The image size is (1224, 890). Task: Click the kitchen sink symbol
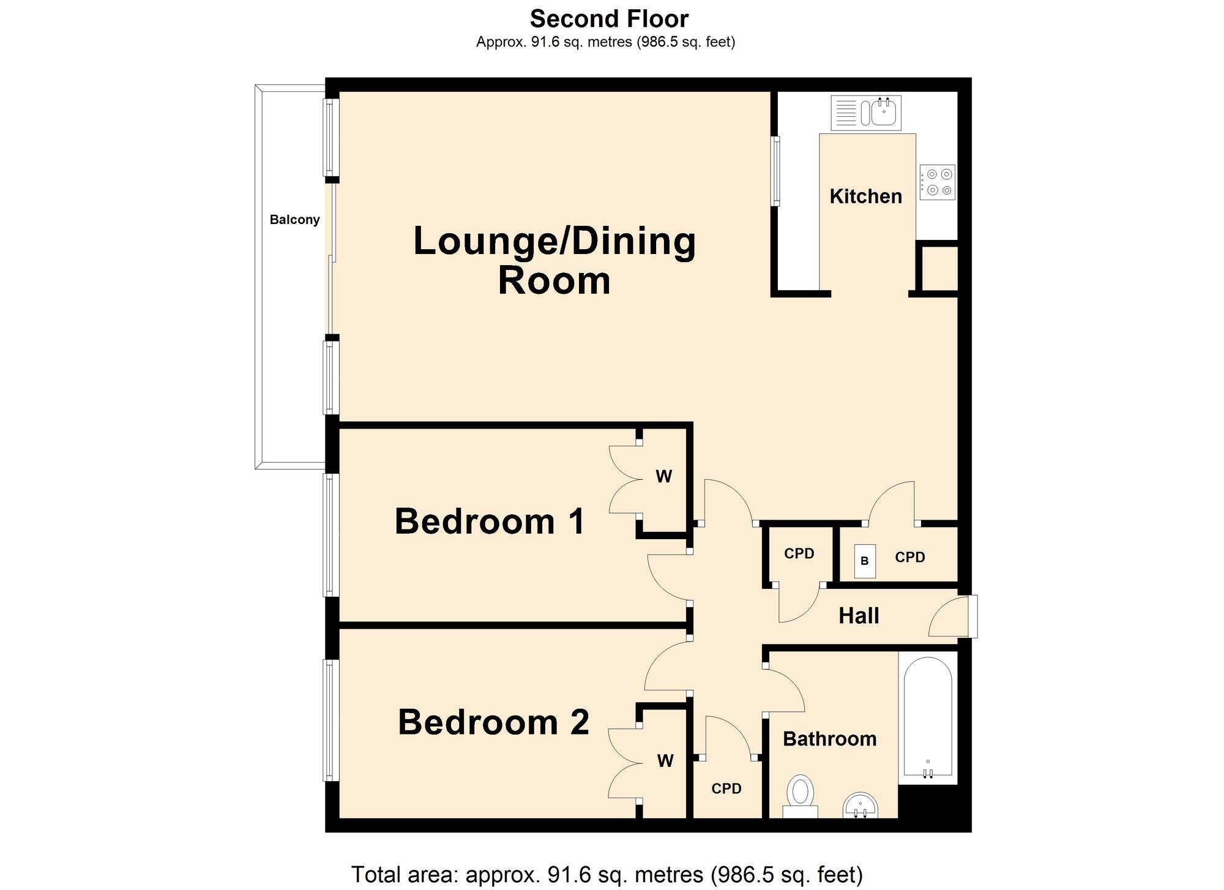[866, 113]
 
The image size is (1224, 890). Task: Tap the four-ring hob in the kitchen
[937, 182]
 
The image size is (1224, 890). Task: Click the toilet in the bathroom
[800, 796]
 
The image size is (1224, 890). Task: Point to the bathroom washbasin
[860, 806]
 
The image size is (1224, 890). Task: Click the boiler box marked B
[865, 561]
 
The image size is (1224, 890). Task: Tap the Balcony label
[295, 220]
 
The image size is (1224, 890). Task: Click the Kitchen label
[865, 196]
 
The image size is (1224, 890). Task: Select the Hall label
[859, 616]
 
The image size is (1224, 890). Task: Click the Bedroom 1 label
[490, 522]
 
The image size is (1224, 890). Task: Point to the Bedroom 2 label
[493, 722]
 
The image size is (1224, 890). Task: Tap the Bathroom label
[830, 739]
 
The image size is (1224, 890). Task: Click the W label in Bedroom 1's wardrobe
[664, 476]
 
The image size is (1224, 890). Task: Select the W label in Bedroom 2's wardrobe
[665, 761]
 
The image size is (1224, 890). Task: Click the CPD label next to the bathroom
[726, 789]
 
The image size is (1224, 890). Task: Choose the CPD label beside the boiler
[910, 558]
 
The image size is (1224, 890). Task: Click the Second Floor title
[609, 19]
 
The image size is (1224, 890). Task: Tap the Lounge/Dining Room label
[554, 261]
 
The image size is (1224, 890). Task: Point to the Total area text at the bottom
[607, 875]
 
